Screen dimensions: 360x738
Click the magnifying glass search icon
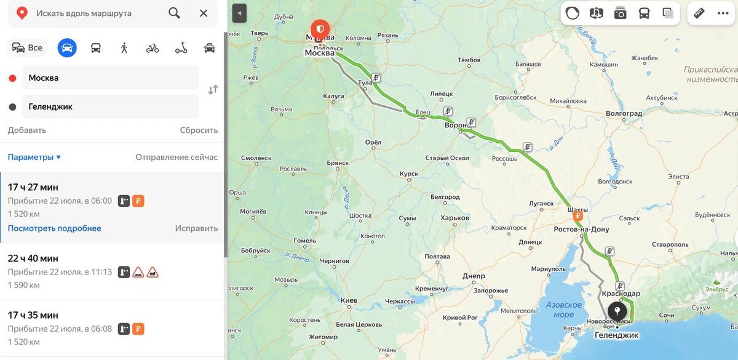(x=174, y=13)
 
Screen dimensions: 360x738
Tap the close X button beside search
(x=204, y=13)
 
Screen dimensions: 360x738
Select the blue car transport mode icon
(x=67, y=47)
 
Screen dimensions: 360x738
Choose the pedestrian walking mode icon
(x=124, y=47)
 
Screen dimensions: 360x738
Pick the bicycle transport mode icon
(x=153, y=47)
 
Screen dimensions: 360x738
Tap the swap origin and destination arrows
(x=213, y=90)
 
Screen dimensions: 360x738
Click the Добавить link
(x=27, y=130)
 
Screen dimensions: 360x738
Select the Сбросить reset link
(x=199, y=130)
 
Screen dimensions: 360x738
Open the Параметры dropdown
(x=34, y=157)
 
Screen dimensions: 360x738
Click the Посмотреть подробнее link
(x=54, y=228)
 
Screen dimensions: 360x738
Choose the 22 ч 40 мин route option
(x=33, y=258)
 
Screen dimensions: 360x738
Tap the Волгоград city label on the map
(x=624, y=114)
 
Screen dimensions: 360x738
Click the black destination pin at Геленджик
(x=617, y=311)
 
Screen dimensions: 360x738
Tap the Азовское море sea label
(x=563, y=310)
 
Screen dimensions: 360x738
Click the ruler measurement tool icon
(x=699, y=13)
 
